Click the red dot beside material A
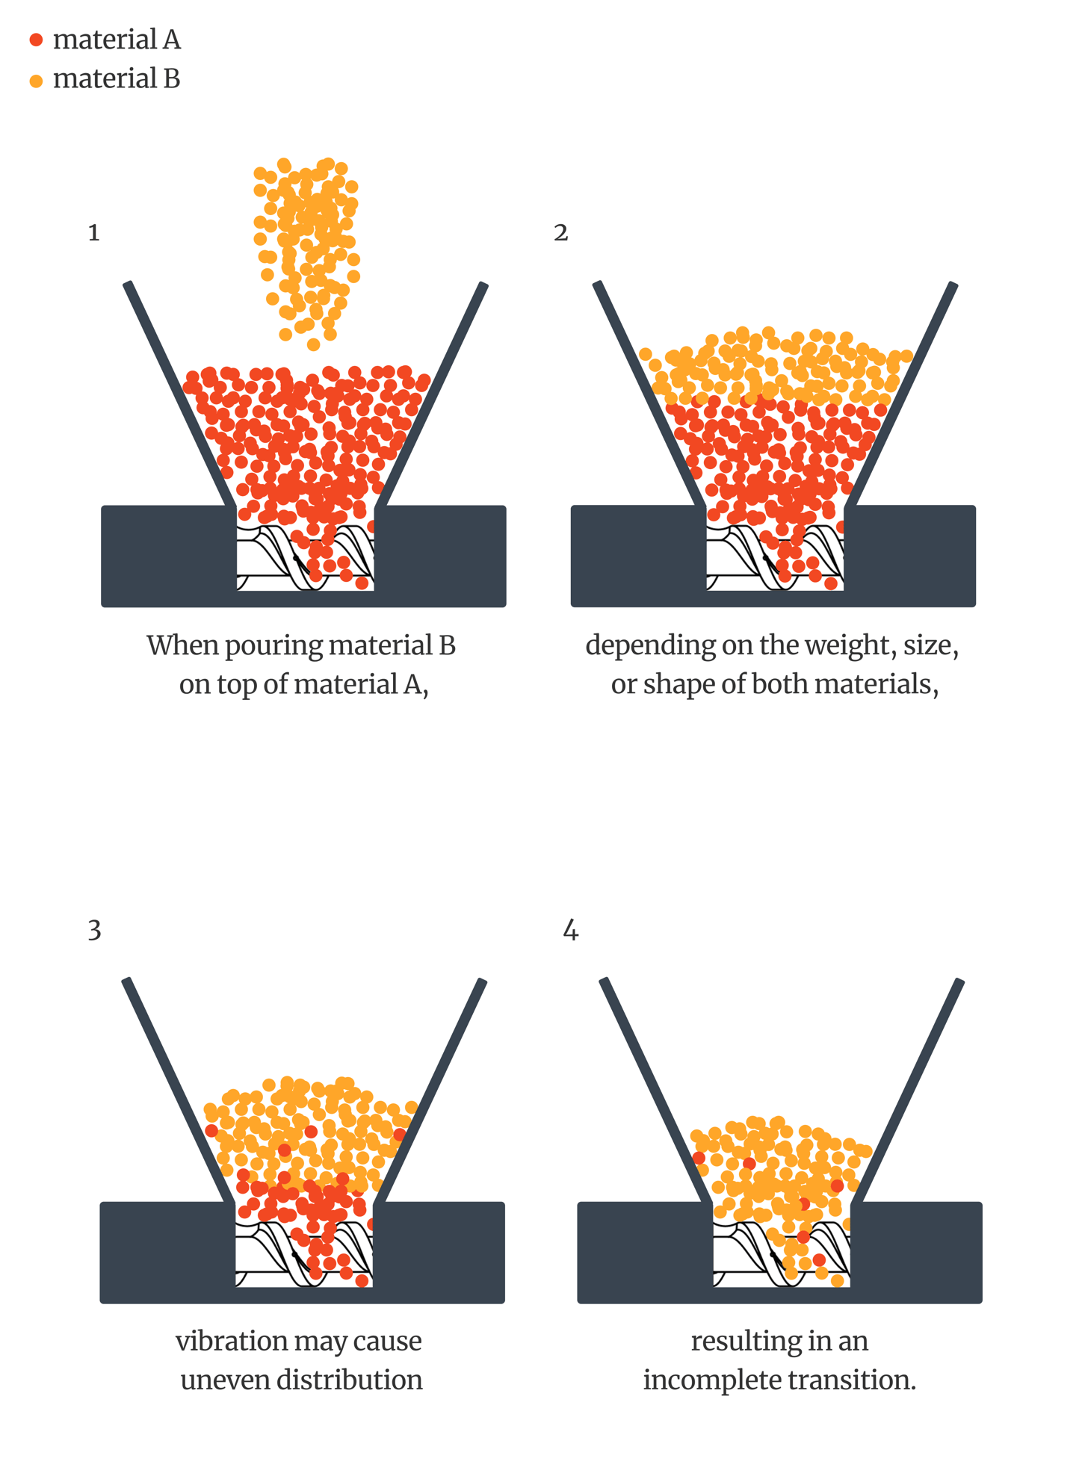pyautogui.click(x=36, y=40)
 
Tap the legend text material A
pyautogui.click(x=117, y=40)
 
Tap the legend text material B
pyautogui.click(x=117, y=78)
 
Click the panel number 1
pyautogui.click(x=93, y=233)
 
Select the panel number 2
pyautogui.click(x=561, y=233)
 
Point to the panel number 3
pyautogui.click(x=94, y=931)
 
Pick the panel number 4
pyautogui.click(x=570, y=931)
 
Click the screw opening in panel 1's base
pyautogui.click(x=305, y=556)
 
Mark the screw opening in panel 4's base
pyautogui.click(x=782, y=1254)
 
